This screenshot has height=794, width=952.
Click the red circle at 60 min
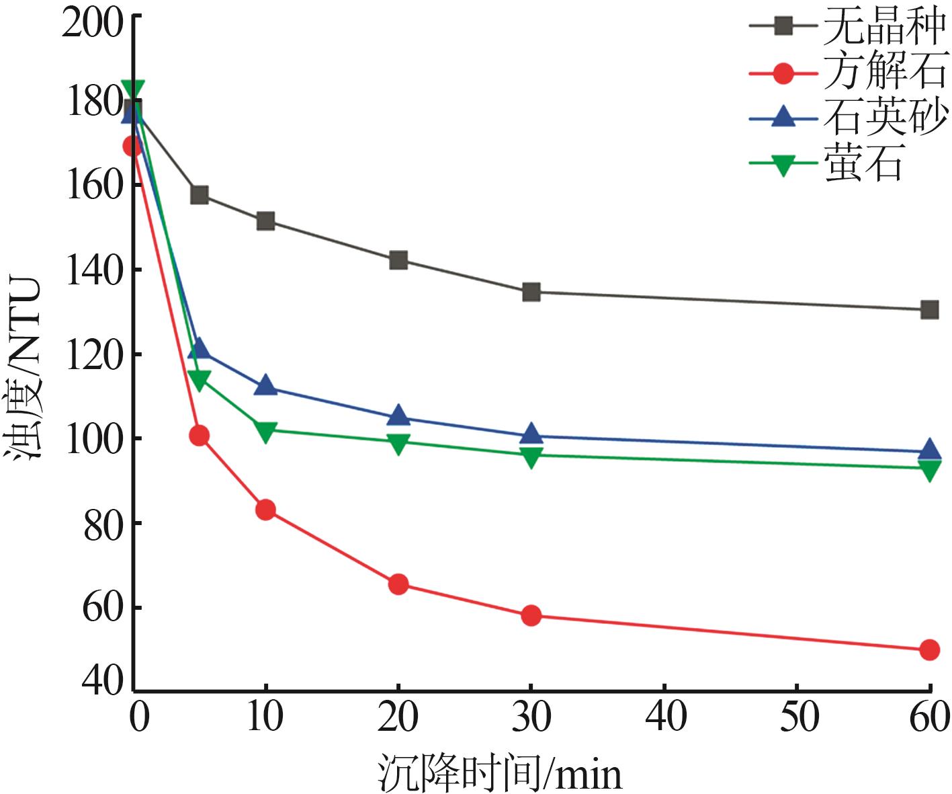tap(929, 649)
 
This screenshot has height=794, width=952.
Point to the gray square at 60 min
tap(929, 310)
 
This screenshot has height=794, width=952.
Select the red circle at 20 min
tap(398, 584)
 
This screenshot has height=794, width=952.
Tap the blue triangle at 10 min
tap(266, 386)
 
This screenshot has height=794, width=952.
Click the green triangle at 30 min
tap(531, 457)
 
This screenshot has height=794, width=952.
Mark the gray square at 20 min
tap(398, 260)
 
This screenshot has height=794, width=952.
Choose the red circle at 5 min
tap(200, 436)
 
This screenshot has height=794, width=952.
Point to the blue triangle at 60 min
tap(929, 450)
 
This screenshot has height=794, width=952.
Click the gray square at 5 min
tap(200, 195)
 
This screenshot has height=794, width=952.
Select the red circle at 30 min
tap(531, 615)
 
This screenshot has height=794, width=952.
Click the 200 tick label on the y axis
tap(93, 24)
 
